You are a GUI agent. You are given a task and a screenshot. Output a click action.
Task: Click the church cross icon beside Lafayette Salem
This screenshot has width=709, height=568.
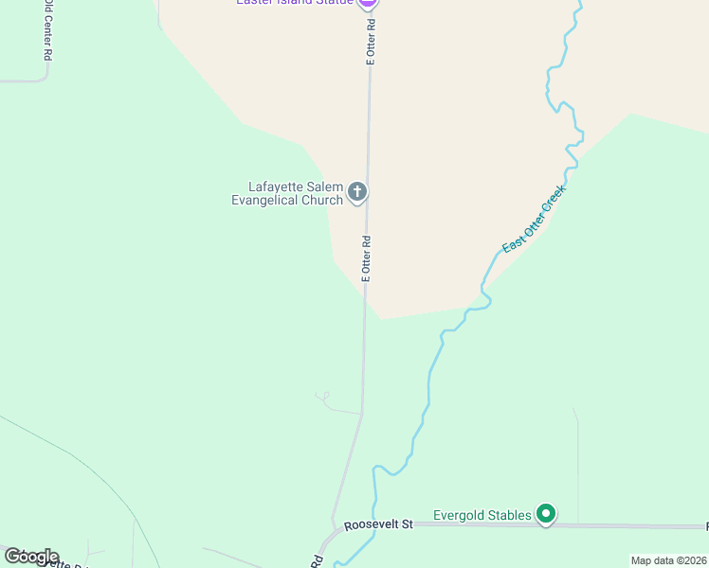pos(357,193)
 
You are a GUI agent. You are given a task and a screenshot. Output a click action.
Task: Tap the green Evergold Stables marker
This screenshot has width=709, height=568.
pos(546,514)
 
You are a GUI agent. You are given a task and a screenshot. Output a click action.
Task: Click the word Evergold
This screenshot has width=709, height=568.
pos(462,515)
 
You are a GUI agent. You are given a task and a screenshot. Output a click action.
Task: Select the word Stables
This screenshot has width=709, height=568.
pos(513,515)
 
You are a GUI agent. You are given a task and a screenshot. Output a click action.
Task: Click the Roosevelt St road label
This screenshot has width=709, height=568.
pos(379,524)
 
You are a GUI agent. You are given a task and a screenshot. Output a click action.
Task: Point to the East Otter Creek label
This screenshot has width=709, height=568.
pos(534,219)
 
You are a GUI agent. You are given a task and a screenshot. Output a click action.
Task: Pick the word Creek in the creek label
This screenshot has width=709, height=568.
pos(553,200)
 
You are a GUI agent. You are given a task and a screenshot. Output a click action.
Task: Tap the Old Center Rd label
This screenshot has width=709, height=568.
pos(46,30)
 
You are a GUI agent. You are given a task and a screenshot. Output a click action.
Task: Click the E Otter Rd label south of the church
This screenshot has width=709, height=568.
pos(366,257)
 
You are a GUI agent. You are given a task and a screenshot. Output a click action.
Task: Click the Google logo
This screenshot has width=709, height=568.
pos(31,557)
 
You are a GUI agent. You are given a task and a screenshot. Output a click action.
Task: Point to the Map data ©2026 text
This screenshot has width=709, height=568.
pos(668,560)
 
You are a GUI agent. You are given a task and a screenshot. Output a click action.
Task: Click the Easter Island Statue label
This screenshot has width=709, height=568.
pos(294,2)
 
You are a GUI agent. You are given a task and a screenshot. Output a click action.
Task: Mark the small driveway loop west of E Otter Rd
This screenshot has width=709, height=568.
pos(322,396)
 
